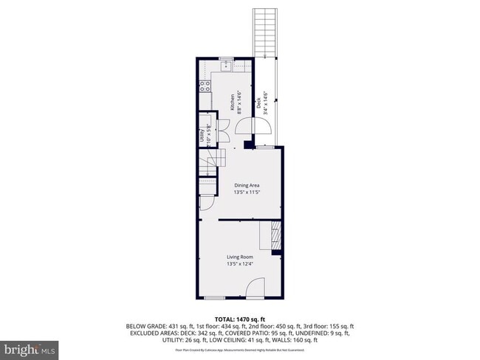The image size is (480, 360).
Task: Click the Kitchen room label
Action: pyautogui.click(x=232, y=102)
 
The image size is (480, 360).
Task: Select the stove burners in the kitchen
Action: pyautogui.click(x=204, y=88)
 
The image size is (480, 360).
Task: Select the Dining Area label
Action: pyautogui.click(x=247, y=185)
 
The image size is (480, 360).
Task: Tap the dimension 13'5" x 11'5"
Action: pyautogui.click(x=247, y=193)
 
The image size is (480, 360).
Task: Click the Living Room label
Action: pyautogui.click(x=239, y=257)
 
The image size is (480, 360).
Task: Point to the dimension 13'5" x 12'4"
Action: pyautogui.click(x=239, y=264)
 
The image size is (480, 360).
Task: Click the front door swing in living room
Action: pyautogui.click(x=255, y=288)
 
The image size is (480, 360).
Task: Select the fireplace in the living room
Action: pyautogui.click(x=275, y=238)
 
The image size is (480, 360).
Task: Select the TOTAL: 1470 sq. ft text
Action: pyautogui.click(x=239, y=316)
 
